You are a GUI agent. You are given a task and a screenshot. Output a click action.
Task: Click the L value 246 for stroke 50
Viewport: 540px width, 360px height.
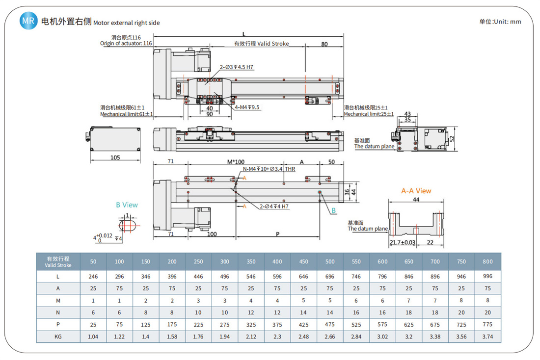(x=93, y=276)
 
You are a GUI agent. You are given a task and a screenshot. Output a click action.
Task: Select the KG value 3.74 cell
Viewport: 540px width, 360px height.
(x=487, y=336)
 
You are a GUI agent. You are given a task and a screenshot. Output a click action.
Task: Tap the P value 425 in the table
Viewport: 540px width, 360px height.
(x=303, y=324)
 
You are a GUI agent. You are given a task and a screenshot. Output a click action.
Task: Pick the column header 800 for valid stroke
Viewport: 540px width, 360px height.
(x=487, y=261)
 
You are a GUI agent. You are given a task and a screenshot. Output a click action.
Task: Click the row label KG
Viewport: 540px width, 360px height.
(x=58, y=336)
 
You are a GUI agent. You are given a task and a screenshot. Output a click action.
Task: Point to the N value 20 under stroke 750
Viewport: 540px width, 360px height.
(x=461, y=312)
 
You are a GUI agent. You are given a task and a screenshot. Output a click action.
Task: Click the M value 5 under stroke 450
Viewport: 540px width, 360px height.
(x=303, y=300)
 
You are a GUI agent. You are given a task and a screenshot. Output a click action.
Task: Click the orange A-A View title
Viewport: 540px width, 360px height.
(x=416, y=191)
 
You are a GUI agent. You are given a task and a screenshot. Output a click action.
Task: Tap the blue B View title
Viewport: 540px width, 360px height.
(x=127, y=205)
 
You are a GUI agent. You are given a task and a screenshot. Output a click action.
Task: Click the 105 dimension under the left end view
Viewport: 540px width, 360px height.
(x=115, y=158)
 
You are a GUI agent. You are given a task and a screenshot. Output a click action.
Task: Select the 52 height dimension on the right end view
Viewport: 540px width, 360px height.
(x=452, y=139)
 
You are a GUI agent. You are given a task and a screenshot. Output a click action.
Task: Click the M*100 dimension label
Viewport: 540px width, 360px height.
(x=236, y=161)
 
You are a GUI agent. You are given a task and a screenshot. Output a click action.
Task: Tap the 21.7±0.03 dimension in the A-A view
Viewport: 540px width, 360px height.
(x=402, y=243)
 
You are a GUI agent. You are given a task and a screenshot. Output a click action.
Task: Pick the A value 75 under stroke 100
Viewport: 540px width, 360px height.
(x=119, y=288)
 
